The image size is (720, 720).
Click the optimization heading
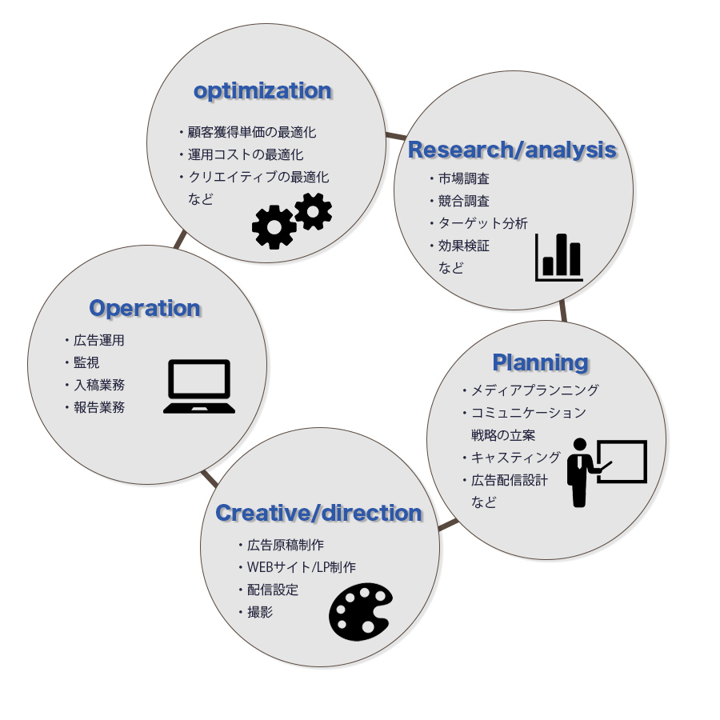(262, 91)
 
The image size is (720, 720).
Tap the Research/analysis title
(512, 150)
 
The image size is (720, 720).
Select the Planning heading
(541, 362)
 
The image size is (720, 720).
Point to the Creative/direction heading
(318, 513)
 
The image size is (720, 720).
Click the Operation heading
(145, 308)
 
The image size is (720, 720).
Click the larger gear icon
(274, 227)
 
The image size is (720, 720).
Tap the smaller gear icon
(313, 211)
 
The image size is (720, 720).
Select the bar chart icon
(559, 257)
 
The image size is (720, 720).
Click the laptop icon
(199, 386)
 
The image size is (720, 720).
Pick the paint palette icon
(361, 612)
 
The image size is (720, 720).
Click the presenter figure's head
(580, 445)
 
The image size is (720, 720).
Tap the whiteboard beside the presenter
(622, 461)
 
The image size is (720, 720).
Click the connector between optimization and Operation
(181, 239)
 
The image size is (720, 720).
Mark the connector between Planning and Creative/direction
(448, 525)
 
